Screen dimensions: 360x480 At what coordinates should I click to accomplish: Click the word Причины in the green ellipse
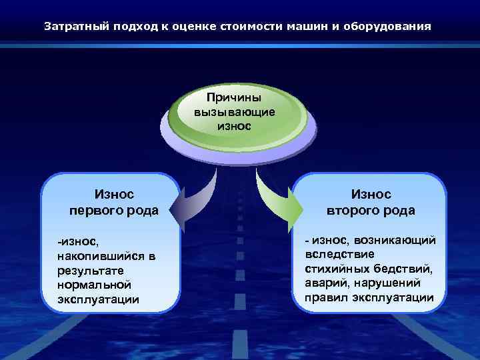point(234,98)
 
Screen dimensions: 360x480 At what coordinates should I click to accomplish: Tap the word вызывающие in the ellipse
point(234,111)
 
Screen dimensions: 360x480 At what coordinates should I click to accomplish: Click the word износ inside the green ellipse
point(234,125)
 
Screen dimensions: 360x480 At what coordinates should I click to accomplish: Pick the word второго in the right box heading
point(354,211)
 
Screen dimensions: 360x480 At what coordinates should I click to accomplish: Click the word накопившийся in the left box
point(98,256)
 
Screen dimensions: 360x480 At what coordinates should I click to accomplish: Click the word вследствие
point(340,254)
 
